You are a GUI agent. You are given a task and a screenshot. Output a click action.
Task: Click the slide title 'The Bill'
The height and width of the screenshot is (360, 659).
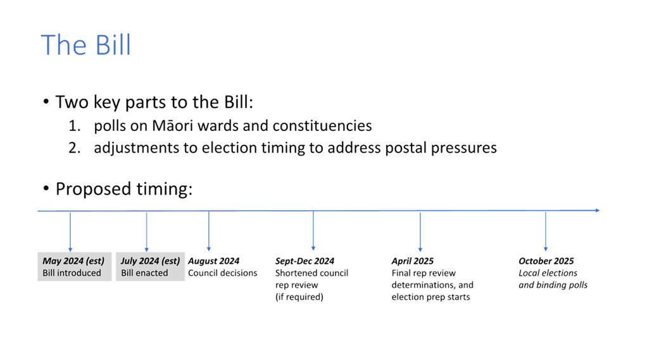[85, 45]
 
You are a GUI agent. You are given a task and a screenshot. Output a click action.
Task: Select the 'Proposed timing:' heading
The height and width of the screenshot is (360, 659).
[124, 189]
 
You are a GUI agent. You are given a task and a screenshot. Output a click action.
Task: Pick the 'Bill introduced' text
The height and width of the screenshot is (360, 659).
[72, 273]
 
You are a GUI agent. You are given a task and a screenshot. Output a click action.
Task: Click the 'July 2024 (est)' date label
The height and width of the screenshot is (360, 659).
[151, 261]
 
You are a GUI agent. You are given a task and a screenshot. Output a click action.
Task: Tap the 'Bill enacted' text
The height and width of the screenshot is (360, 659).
[144, 273]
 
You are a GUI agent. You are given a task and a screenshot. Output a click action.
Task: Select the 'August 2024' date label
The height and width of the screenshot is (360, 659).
[213, 261]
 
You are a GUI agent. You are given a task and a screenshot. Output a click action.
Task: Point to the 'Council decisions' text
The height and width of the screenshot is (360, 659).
[222, 273]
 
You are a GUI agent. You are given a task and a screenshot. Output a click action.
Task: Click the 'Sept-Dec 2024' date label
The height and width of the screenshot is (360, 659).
[304, 261]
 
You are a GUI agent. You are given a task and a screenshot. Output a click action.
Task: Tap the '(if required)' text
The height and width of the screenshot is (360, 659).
[299, 297]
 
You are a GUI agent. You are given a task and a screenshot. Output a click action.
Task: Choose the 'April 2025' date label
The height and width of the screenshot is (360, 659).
[412, 261]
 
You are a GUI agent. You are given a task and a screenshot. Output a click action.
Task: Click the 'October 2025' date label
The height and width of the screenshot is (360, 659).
[546, 261]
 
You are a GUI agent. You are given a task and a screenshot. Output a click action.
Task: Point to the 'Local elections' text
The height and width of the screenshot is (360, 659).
[548, 273]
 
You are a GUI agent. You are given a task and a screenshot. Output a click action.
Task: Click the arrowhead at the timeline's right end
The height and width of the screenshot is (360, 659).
[597, 210]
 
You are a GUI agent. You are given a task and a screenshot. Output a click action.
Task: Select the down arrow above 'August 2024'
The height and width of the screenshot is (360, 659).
[209, 232]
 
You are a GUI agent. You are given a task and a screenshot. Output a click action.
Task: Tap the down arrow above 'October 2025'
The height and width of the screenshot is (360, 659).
[546, 232]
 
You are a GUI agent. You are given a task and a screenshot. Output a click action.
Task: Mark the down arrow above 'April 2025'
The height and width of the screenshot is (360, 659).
[420, 232]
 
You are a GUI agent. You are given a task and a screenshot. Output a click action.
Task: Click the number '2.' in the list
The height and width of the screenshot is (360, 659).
[75, 148]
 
